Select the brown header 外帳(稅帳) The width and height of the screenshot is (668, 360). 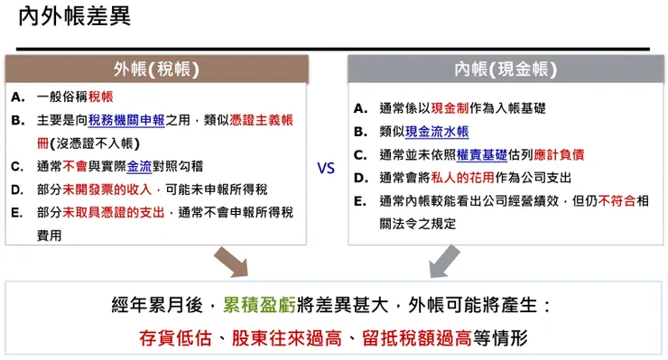coord(155,69)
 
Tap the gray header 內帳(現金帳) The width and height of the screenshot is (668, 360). coord(505,69)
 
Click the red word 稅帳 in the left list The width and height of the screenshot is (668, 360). coord(100,97)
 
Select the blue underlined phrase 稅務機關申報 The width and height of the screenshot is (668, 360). coord(126,120)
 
